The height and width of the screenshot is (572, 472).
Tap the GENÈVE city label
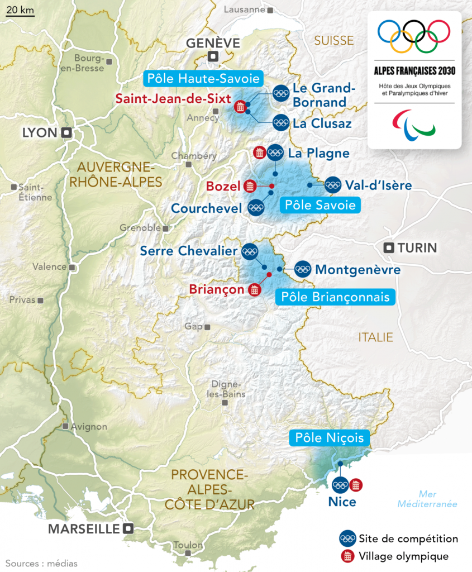(x=213, y=43)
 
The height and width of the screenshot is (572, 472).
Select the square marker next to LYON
(x=66, y=132)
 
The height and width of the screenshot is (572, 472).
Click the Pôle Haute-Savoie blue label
(x=203, y=78)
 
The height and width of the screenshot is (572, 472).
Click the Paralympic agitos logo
(x=414, y=123)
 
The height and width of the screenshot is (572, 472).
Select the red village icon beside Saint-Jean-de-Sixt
(x=240, y=107)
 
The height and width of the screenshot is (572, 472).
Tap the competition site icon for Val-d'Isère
(x=332, y=185)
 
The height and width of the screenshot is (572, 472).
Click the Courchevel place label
(x=207, y=208)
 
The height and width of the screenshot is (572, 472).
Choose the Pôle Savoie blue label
(x=320, y=205)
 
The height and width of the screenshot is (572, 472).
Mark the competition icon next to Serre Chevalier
(x=249, y=251)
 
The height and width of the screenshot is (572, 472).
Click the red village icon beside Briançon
(x=255, y=289)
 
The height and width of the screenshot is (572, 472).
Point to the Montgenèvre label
(x=357, y=270)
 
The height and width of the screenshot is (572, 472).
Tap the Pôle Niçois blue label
(x=330, y=438)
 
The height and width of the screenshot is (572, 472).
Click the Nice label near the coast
(x=342, y=502)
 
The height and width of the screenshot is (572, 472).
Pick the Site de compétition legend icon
(x=347, y=538)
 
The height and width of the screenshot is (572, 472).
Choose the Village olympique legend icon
(x=347, y=556)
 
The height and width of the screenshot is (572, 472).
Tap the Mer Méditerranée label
(x=427, y=499)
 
